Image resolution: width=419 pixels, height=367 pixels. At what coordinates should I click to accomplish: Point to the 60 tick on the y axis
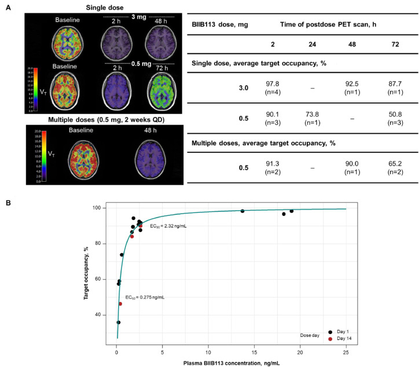104,279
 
